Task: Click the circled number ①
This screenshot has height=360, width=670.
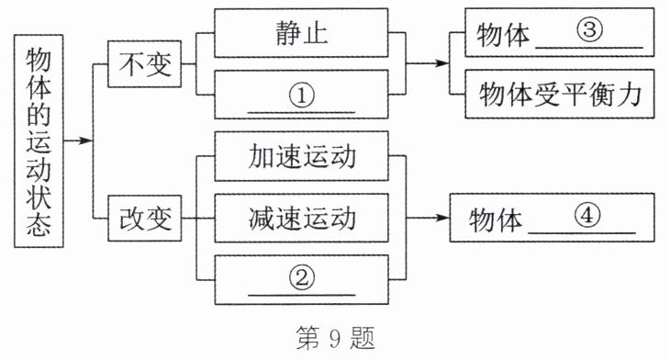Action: pyautogui.click(x=302, y=96)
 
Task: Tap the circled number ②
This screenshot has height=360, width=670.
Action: pyautogui.click(x=302, y=278)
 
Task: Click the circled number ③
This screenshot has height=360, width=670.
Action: pyautogui.click(x=589, y=29)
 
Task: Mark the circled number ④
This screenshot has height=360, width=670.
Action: pyautogui.click(x=587, y=215)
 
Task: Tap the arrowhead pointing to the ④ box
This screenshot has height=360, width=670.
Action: pyautogui.click(x=442, y=218)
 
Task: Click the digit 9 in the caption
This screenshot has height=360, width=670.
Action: pyautogui.click(x=335, y=338)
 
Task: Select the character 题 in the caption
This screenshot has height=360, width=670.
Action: pyautogui.click(x=363, y=338)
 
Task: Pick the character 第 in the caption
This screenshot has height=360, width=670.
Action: pyautogui.click(x=308, y=338)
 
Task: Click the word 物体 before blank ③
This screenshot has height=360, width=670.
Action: pyautogui.click(x=503, y=35)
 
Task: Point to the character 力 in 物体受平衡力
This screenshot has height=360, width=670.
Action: pyautogui.click(x=630, y=94)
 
